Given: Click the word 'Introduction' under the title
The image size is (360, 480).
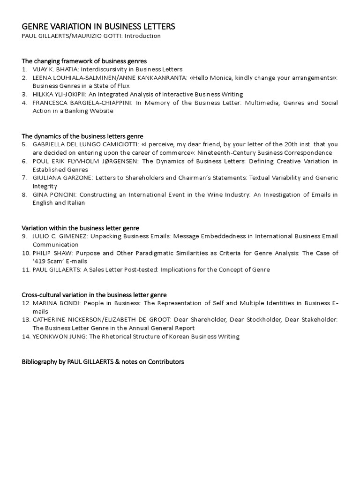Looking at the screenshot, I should point(143,36).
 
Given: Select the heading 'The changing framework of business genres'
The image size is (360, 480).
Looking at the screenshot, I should point(84,61).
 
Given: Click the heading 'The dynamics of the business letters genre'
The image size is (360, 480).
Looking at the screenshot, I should point(82,136).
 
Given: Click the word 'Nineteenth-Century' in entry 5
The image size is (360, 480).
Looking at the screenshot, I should point(225,153).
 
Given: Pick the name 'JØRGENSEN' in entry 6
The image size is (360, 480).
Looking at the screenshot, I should point(119,161).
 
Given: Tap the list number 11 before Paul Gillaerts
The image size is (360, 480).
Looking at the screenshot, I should point(26,270).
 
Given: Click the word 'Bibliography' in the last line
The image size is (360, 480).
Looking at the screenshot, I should point(39,362).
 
